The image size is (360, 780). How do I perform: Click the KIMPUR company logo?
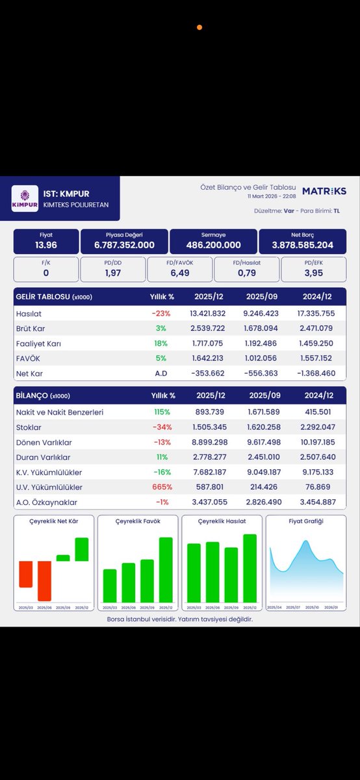click(25, 198)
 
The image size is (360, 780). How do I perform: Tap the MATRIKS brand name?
click(324, 191)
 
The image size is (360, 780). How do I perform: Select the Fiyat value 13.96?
click(46, 245)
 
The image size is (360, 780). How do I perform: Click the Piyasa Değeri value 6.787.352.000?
click(123, 245)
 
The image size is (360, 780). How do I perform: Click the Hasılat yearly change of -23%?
click(162, 313)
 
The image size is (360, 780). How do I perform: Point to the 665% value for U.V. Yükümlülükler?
click(162, 487)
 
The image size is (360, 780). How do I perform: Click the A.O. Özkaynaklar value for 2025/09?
click(264, 502)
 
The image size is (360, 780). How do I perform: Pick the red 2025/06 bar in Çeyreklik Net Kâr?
click(45, 580)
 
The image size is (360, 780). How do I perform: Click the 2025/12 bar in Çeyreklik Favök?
click(166, 569)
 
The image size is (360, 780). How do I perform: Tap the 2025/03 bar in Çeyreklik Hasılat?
click(194, 573)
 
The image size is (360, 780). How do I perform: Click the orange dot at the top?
click(199, 27)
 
